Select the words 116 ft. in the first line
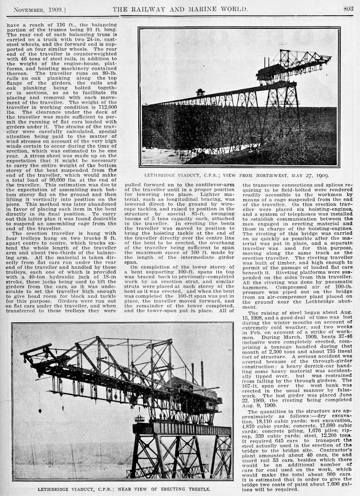[61, 23]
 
